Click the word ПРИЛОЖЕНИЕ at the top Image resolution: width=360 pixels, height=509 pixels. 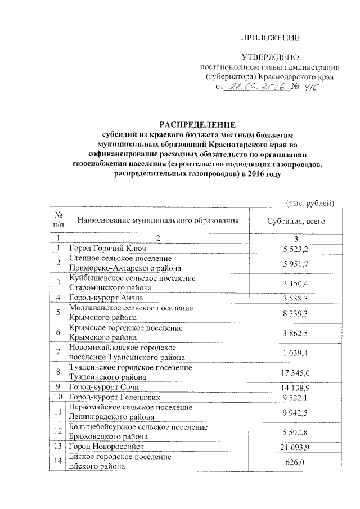269,38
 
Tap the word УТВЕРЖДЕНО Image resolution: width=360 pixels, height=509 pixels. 269,57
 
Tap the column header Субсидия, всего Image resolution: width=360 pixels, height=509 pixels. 296,222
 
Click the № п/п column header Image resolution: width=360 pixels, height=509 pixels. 58,222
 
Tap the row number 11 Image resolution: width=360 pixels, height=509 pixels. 58,412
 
